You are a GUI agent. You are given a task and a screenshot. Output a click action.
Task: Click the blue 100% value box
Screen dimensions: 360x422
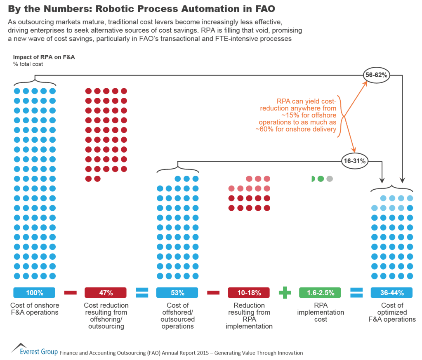tap(35, 293)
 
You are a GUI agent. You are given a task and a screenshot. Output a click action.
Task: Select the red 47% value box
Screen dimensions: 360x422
tap(106, 293)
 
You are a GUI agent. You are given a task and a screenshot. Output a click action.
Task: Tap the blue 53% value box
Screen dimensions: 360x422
tap(177, 293)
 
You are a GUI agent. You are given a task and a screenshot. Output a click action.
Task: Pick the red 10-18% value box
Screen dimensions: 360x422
tap(248, 293)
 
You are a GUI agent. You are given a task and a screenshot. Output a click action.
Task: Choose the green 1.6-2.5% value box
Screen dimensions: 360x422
tap(320, 293)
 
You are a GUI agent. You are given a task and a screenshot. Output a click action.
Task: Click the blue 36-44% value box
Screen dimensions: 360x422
tap(391, 293)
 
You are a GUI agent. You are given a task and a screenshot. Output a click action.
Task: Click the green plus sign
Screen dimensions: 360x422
tap(284, 293)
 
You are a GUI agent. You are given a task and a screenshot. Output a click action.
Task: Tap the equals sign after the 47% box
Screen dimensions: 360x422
tap(141, 293)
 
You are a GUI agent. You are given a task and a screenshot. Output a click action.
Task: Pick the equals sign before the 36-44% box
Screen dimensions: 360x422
tap(356, 293)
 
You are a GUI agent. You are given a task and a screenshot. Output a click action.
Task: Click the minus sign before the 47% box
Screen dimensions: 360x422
tap(71, 293)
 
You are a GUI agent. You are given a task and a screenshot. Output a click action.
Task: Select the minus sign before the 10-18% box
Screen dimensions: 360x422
tap(213, 293)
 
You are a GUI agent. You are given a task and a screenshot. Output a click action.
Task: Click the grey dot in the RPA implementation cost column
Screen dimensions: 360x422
tap(329, 179)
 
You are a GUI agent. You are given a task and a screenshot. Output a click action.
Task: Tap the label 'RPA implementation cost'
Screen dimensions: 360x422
tap(321, 313)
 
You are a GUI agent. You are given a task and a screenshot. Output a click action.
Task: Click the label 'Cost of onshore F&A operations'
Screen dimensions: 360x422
tap(35, 309)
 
